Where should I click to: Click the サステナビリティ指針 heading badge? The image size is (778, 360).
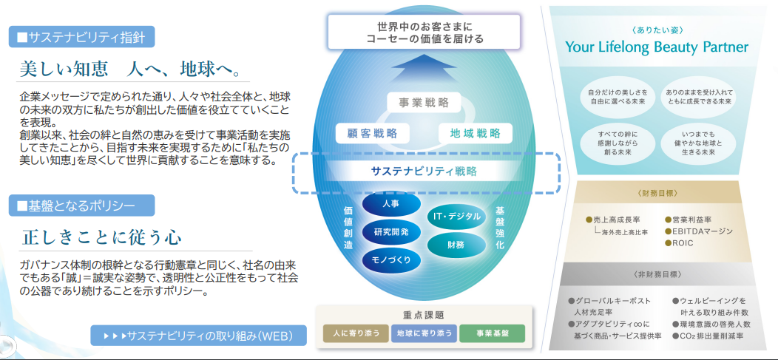82,37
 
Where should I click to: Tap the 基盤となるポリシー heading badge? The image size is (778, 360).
82,206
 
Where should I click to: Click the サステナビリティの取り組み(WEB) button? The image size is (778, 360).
198,336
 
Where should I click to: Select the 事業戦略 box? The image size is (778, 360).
424,103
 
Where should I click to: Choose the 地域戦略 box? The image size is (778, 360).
476,133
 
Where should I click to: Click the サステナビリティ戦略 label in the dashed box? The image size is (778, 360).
424,171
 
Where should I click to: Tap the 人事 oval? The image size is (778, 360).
391,204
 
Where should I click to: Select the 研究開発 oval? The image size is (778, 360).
391,231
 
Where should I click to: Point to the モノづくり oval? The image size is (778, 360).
391,259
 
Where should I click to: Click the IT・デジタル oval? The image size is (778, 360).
456,216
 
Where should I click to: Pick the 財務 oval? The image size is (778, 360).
456,245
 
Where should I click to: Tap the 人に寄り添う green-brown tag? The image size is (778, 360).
355,333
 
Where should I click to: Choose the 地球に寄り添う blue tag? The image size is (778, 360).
424,333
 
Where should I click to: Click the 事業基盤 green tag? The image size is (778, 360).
492,333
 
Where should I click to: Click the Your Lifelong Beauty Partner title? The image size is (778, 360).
657,47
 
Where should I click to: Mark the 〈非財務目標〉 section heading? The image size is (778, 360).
657,274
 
